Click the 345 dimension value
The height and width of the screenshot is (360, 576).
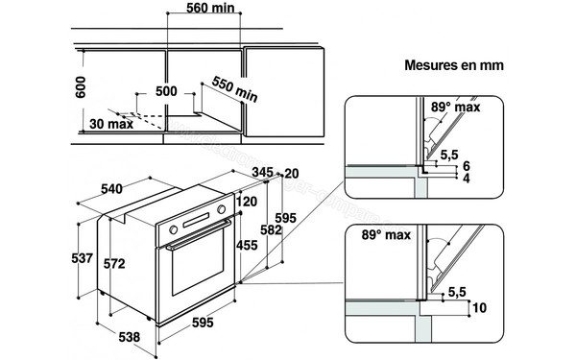(265, 172)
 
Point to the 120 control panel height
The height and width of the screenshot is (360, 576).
(250, 203)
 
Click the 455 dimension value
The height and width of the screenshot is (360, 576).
(249, 245)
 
